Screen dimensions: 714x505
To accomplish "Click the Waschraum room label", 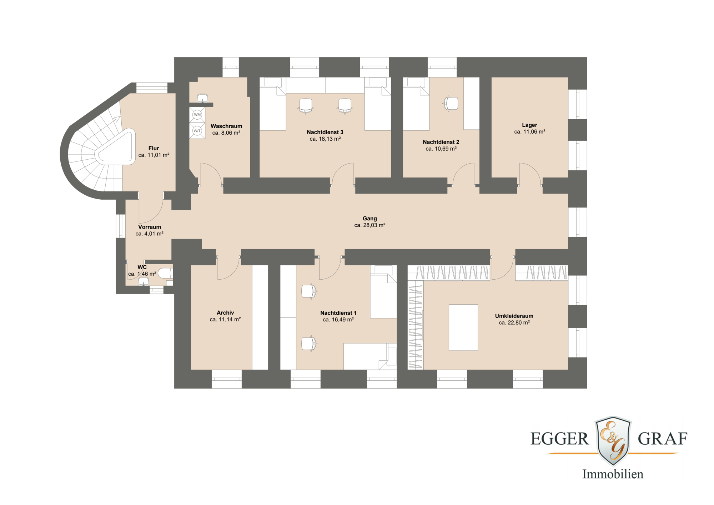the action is pyautogui.click(x=226, y=126).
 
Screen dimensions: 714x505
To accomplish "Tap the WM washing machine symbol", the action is pyautogui.click(x=197, y=115).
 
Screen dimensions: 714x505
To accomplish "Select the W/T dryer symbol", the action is pyautogui.click(x=197, y=131).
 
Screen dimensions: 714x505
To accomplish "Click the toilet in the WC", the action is pyautogui.click(x=166, y=273).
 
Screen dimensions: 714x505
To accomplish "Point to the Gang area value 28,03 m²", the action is pyautogui.click(x=369, y=225).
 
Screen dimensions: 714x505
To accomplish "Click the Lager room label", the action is pyautogui.click(x=529, y=125).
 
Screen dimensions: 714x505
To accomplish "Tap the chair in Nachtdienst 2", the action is pyautogui.click(x=451, y=104).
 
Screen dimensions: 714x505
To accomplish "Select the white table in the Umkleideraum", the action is pyautogui.click(x=463, y=327).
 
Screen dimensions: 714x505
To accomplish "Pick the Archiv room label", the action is pyautogui.click(x=225, y=312).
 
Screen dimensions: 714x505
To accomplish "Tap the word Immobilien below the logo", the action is pyautogui.click(x=613, y=474).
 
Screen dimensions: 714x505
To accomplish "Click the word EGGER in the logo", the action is pyautogui.click(x=559, y=439).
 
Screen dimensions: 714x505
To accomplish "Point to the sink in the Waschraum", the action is pyautogui.click(x=202, y=98).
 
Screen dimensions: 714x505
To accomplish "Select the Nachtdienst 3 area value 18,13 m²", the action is pyautogui.click(x=325, y=139).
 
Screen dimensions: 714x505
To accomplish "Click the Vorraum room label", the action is pyautogui.click(x=150, y=227).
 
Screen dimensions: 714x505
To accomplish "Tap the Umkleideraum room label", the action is pyautogui.click(x=514, y=316).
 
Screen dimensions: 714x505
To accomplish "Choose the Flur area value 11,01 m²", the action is pyautogui.click(x=154, y=155).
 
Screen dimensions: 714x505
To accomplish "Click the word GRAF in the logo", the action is pyautogui.click(x=663, y=439).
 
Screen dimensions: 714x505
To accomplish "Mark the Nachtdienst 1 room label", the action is pyautogui.click(x=338, y=313).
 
